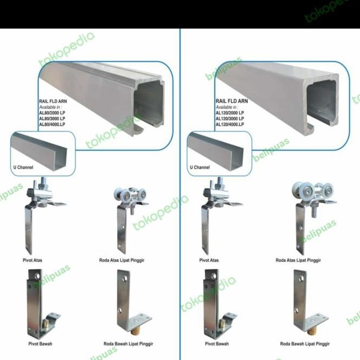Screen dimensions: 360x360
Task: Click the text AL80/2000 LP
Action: [x=52, y=113]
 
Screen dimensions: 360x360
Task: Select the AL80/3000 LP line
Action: [x=52, y=118]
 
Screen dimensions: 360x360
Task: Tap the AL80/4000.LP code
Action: [x=52, y=124]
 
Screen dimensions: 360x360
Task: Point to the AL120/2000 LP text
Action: [x=230, y=113]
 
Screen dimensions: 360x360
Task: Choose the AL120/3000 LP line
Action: [x=230, y=118]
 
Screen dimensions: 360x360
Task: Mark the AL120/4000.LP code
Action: [x=230, y=124]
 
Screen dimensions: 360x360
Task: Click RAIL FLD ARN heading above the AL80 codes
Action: [x=53, y=101]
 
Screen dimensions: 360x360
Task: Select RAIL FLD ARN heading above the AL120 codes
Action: [x=232, y=101]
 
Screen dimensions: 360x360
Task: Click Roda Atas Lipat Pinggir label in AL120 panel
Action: [x=298, y=260]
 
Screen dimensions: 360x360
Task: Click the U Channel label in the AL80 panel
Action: [x=23, y=168]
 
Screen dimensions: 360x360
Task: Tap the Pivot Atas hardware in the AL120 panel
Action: [x=214, y=214]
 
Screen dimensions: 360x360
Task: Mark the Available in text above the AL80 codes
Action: [x=50, y=107]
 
